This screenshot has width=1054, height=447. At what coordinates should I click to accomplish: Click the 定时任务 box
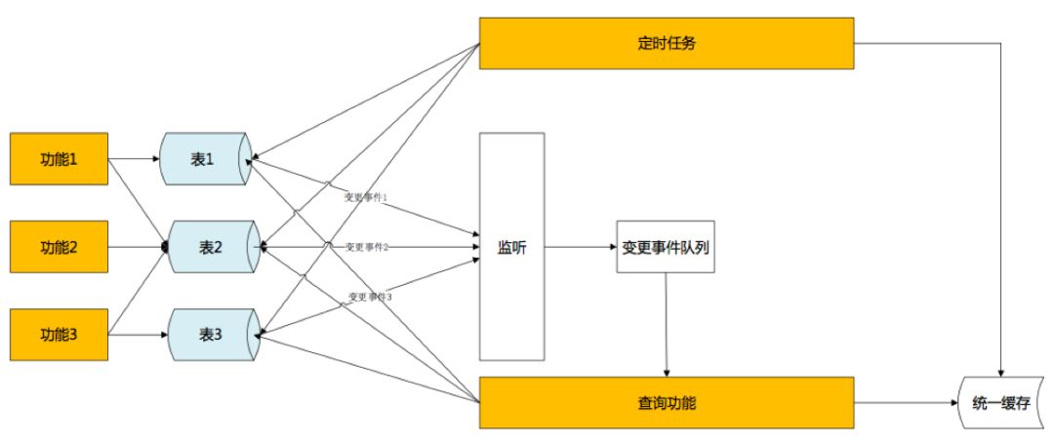click(667, 43)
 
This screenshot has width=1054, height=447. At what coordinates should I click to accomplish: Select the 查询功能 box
click(667, 402)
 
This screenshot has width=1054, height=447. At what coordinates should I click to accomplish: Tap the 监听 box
click(511, 247)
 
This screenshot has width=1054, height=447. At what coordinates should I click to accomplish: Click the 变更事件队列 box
click(666, 247)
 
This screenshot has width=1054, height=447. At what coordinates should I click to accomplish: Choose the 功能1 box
click(59, 158)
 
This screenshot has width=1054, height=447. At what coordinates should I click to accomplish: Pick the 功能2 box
click(59, 247)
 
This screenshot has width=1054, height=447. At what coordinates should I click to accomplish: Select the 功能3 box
click(59, 334)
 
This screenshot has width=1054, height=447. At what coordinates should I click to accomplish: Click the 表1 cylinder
click(205, 158)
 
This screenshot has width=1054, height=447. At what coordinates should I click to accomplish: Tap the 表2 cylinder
click(211, 247)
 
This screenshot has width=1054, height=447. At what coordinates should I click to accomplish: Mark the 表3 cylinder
click(211, 334)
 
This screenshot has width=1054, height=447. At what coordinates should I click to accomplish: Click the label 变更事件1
click(366, 197)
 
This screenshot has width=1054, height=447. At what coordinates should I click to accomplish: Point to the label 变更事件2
click(367, 247)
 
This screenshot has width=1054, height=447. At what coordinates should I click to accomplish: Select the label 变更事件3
click(370, 296)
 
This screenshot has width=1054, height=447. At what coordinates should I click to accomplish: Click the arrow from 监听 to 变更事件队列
click(581, 247)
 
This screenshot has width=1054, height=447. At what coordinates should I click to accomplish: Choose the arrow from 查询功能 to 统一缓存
click(908, 402)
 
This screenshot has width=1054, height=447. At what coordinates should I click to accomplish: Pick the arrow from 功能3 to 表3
click(137, 334)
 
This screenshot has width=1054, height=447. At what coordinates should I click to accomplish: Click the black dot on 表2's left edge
click(166, 247)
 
